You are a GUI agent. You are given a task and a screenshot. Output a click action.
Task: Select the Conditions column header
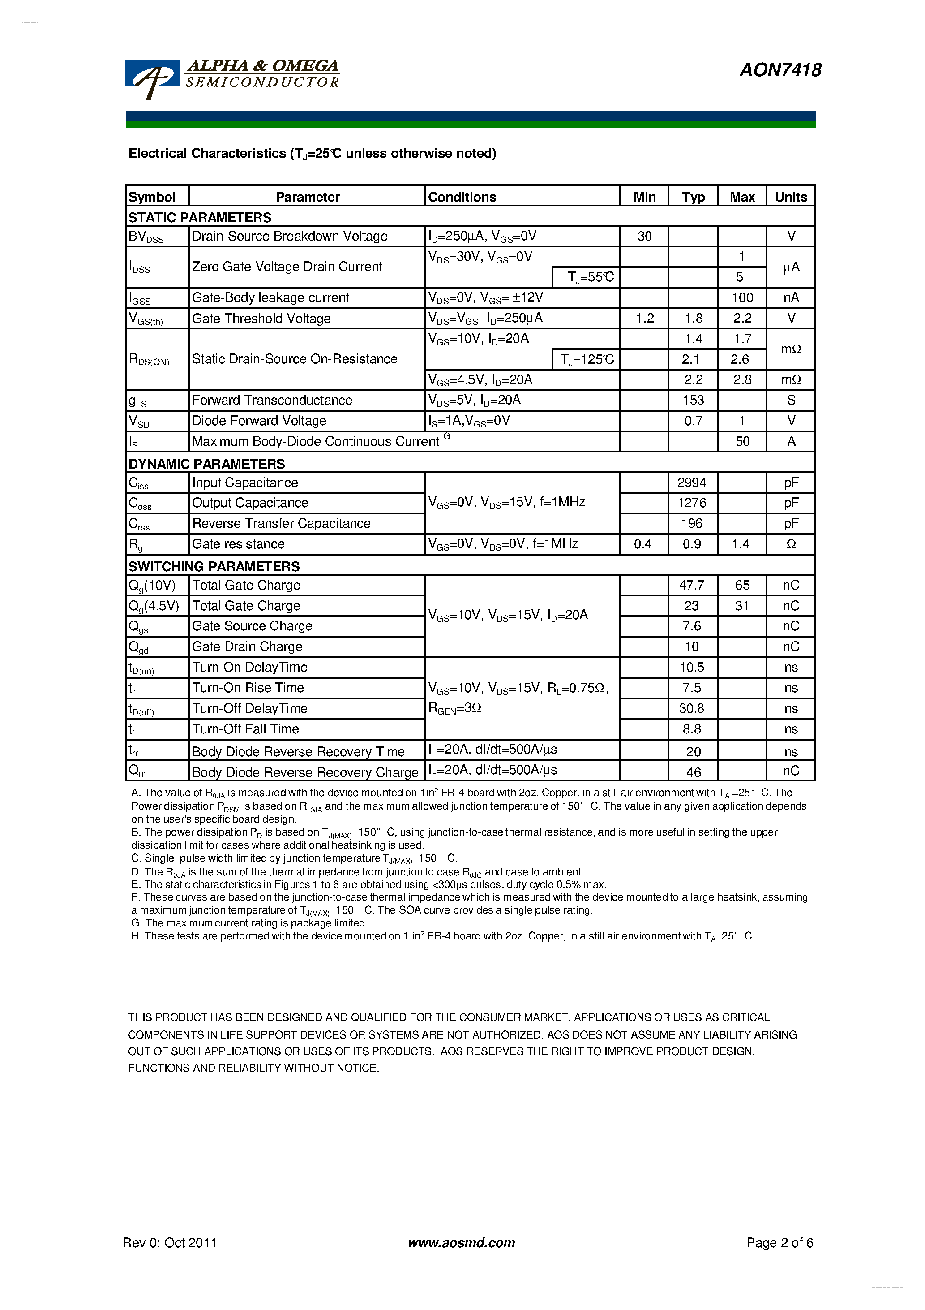point(462,197)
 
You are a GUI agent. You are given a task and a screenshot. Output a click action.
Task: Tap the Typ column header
point(693,197)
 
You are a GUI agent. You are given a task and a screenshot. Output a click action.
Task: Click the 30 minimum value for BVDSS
point(644,236)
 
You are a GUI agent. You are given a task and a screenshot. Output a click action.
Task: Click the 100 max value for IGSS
point(742,298)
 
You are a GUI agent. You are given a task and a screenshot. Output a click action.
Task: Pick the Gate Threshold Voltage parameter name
point(261,319)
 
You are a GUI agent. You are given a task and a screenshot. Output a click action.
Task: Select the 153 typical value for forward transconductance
point(694,401)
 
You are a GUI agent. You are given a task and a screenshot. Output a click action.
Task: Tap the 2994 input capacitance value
point(692,483)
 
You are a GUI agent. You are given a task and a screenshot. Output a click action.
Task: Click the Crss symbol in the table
point(139,524)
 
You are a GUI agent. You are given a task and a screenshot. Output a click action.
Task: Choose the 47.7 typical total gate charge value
point(691,586)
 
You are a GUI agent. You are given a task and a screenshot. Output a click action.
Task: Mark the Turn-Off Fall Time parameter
point(245,729)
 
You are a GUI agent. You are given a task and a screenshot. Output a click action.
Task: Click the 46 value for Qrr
point(694,772)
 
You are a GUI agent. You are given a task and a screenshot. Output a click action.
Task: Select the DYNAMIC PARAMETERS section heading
point(206,464)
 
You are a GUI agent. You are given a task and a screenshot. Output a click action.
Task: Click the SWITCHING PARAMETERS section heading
point(214,567)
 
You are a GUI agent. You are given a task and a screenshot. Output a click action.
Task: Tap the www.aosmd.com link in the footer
point(461,1243)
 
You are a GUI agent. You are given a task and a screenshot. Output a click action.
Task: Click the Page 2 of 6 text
point(779,1243)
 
